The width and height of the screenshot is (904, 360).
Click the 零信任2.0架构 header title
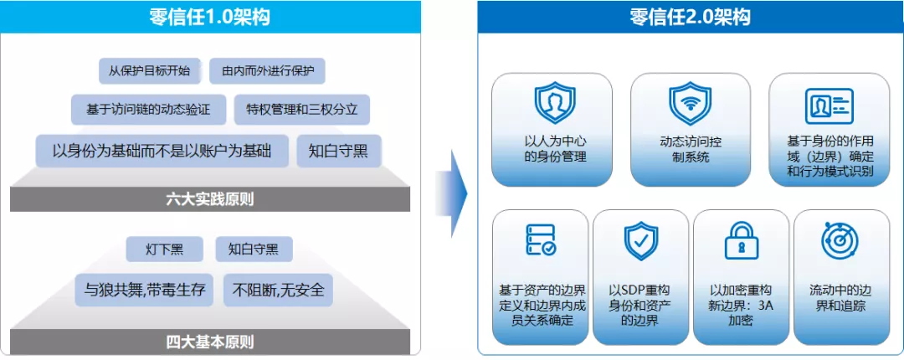(690, 17)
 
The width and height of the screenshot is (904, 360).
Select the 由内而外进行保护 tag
(267, 70)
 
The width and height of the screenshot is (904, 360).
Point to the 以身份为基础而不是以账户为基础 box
(162, 151)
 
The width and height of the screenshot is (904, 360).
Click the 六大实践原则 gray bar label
(209, 198)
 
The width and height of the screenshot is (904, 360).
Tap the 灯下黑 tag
(164, 249)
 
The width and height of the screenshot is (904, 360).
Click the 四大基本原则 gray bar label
(209, 342)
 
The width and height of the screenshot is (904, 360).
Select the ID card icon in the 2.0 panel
(829, 105)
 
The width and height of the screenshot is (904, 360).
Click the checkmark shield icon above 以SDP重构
(640, 240)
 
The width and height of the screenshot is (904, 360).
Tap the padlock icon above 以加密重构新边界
(741, 241)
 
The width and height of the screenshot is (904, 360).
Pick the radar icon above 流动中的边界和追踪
(840, 241)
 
